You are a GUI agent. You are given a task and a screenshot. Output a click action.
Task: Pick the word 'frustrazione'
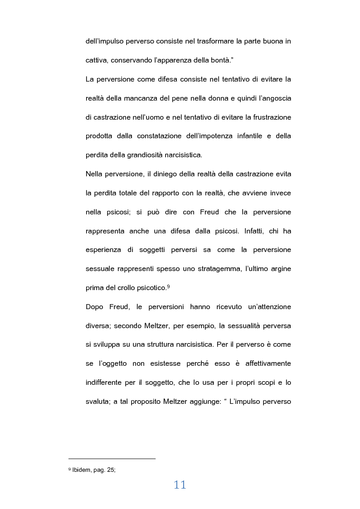coord(267,117)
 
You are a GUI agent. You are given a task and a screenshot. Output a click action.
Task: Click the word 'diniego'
coord(164,174)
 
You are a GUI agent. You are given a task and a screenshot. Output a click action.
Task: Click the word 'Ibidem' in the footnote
coord(80,470)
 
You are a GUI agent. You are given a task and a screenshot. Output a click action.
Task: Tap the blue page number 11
coord(180,485)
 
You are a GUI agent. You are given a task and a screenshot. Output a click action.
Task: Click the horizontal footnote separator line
coord(112,459)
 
